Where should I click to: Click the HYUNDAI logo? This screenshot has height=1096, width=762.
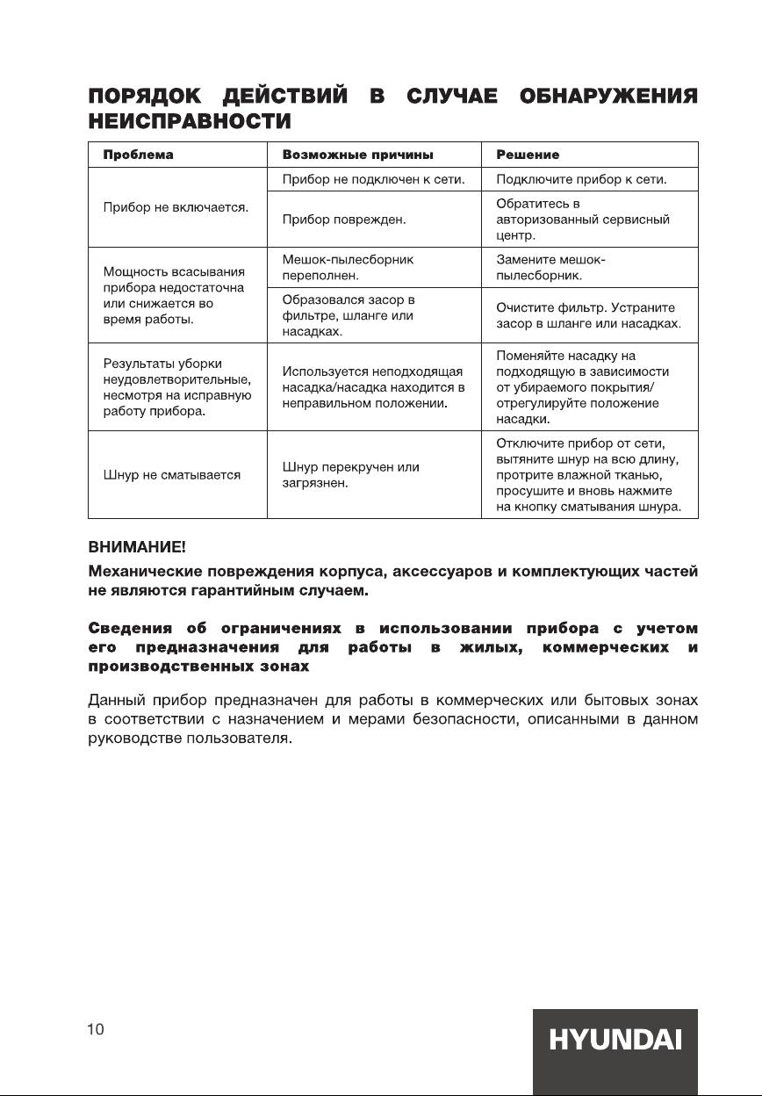click(x=615, y=1041)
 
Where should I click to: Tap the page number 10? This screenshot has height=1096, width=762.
click(x=96, y=1029)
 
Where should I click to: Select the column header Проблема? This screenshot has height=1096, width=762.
click(x=138, y=155)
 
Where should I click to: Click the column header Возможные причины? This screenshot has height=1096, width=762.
click(x=357, y=155)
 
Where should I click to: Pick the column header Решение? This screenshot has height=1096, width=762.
click(x=528, y=155)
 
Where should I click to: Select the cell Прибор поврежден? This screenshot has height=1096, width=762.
click(x=343, y=220)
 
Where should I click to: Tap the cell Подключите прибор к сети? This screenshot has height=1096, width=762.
click(x=581, y=180)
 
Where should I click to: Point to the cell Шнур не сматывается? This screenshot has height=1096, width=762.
click(x=172, y=475)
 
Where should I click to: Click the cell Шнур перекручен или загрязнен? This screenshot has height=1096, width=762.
click(x=350, y=475)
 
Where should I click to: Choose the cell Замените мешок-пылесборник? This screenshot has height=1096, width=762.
click(x=551, y=268)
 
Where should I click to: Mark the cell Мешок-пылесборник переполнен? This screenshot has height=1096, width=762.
click(x=348, y=268)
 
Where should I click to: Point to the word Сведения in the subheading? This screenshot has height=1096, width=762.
click(x=128, y=628)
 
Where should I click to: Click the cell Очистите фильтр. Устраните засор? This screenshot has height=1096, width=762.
click(x=588, y=316)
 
